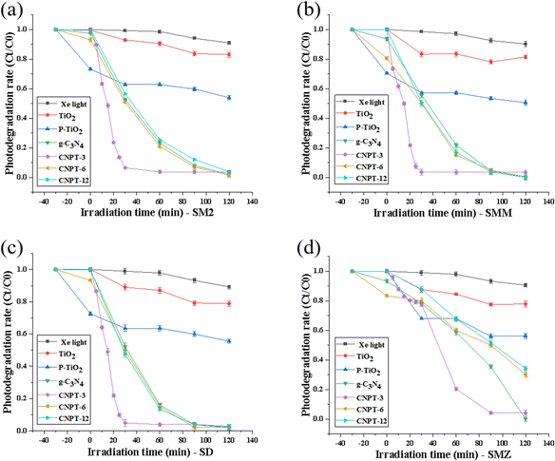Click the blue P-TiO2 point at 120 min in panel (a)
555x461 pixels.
pyautogui.click(x=229, y=97)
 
